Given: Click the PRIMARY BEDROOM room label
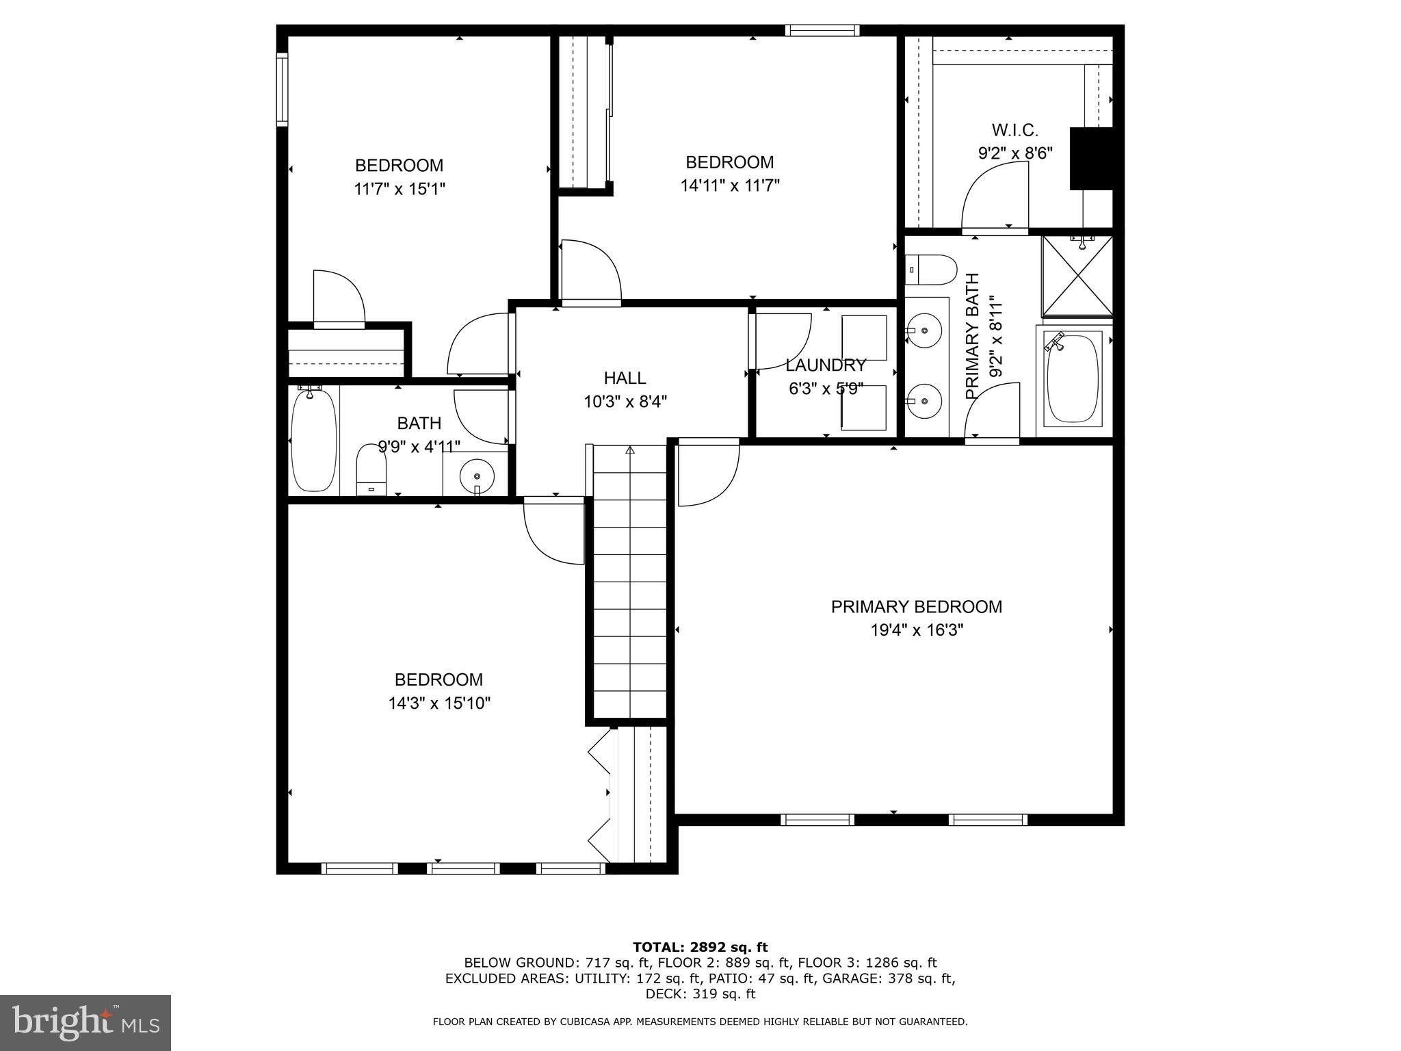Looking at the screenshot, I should pos(916,607).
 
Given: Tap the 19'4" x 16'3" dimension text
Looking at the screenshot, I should pos(916,630).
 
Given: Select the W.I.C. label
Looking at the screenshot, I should pos(1014,130).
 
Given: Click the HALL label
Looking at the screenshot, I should pos(625,378).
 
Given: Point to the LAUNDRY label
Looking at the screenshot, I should pos(826,365).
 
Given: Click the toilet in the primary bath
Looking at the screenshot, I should pos(931,270).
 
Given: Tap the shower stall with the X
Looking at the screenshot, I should pos(1077,276).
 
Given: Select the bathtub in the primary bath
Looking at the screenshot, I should pos(1073,378).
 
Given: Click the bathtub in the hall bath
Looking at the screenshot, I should pos(314,438).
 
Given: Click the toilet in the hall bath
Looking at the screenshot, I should pos(371,469).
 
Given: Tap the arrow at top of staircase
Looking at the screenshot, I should pos(629,450).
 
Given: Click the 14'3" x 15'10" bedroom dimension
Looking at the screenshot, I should pos(439,703).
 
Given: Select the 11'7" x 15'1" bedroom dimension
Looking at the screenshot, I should pos(400,189).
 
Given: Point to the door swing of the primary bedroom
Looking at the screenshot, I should pos(709,476).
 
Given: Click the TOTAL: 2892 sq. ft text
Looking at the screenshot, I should pos(700,948).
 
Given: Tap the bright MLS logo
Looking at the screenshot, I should pos(86,1022).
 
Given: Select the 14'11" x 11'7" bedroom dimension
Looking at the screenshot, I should pos(730,185).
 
